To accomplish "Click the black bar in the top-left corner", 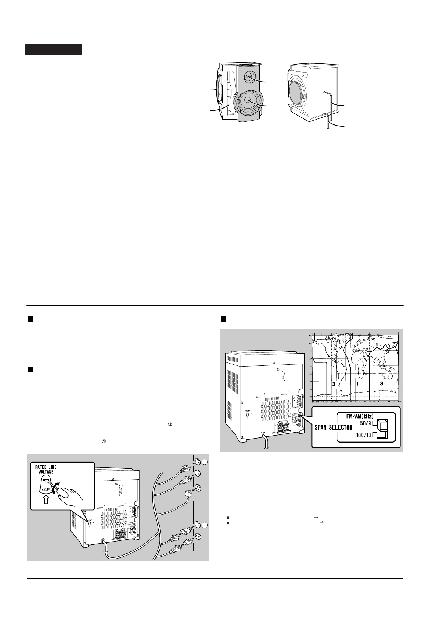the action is tap(54, 49).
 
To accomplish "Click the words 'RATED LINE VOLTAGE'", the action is tap(46, 470).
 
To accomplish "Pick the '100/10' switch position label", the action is tap(364, 435).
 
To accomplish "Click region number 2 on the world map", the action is tap(334, 384).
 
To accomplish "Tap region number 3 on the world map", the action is tap(381, 384).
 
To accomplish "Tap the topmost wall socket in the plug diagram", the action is tap(197, 461).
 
